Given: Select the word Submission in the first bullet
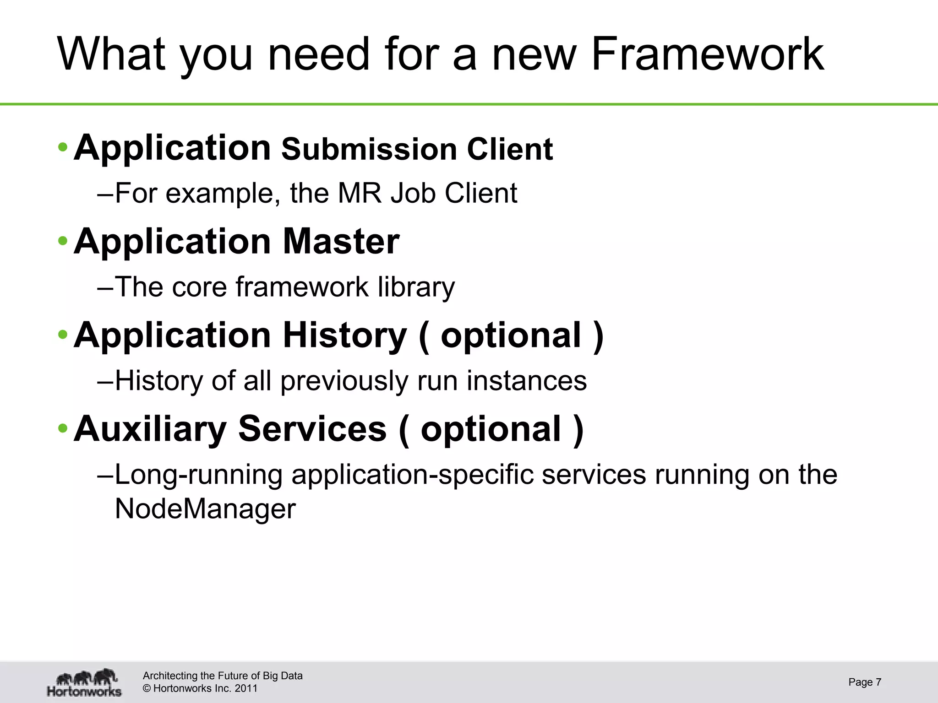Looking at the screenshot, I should [369, 150].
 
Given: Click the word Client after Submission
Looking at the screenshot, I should [510, 150].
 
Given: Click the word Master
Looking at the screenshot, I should [341, 241].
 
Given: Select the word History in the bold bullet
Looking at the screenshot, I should [344, 335].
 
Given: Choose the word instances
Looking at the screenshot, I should [526, 381].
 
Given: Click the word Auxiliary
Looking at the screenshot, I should [150, 429].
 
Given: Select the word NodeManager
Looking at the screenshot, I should [205, 509].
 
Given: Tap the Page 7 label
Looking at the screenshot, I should [864, 682].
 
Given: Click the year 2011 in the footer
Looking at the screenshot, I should [246, 688].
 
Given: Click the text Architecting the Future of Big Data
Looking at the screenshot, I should [223, 676].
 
